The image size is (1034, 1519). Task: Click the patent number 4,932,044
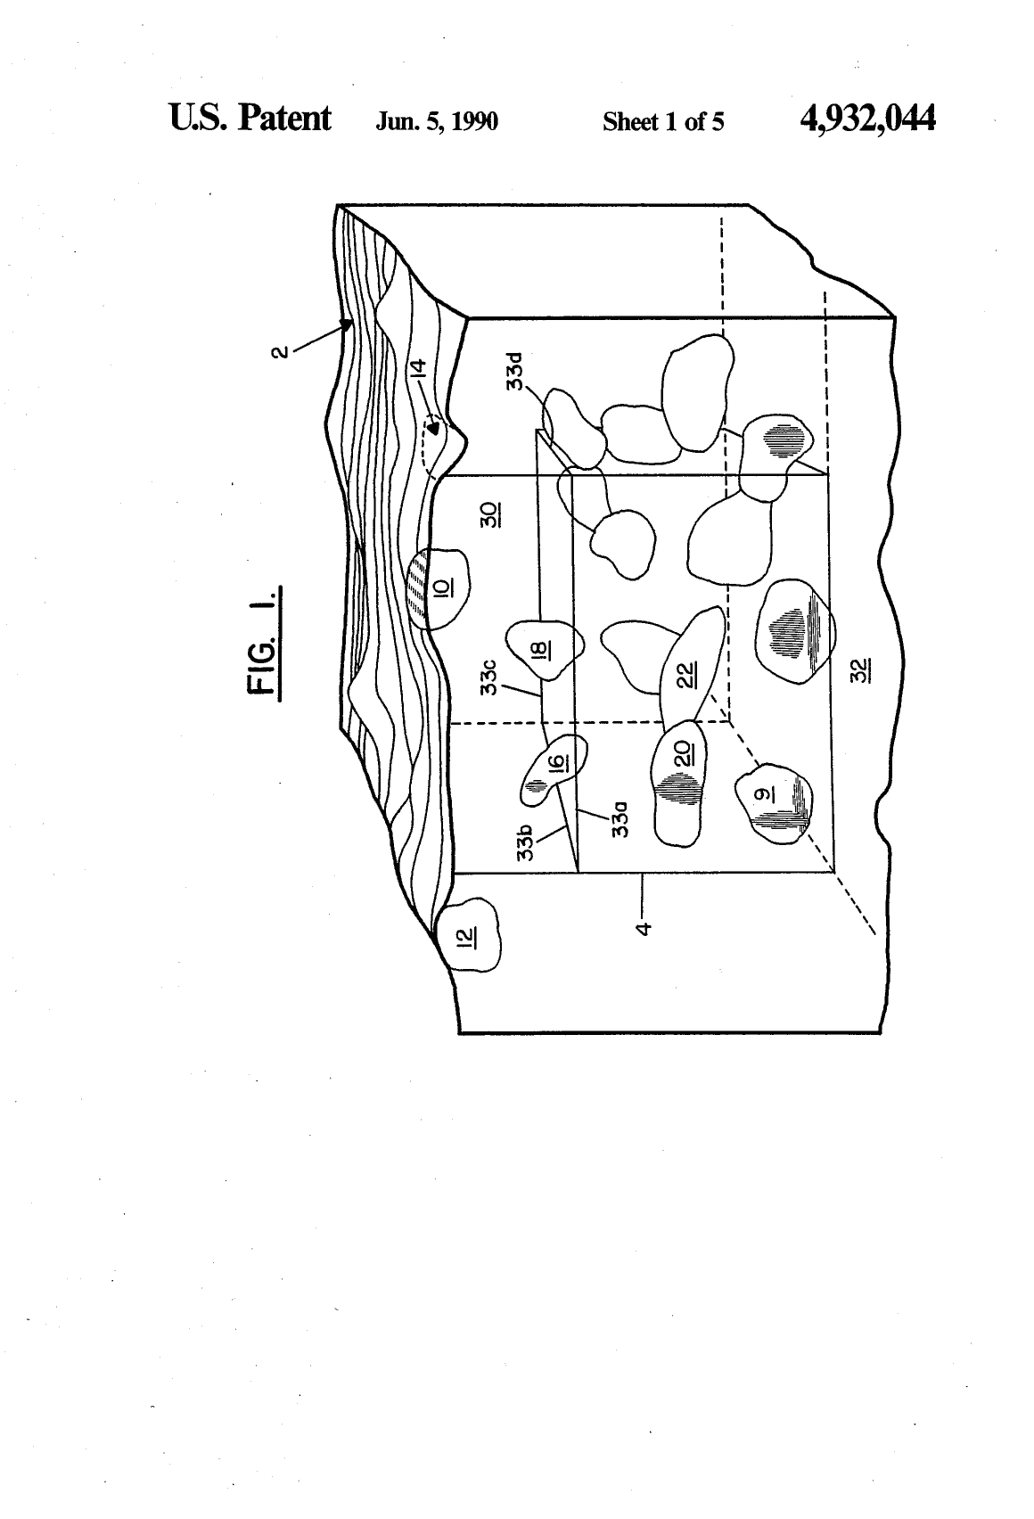[867, 119]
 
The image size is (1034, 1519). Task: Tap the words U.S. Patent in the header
[250, 118]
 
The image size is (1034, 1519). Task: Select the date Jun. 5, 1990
[437, 121]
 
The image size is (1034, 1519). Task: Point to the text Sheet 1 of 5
[663, 121]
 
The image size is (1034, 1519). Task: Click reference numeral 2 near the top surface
[279, 353]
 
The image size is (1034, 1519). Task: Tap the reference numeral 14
[418, 368]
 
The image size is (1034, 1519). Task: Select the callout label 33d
[514, 371]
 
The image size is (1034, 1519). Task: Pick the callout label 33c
[488, 677]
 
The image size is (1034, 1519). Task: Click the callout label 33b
[525, 843]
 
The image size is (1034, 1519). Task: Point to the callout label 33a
[620, 819]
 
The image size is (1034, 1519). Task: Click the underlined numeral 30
[490, 515]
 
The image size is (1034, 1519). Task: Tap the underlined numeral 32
[860, 670]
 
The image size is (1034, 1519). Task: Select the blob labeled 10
[438, 588]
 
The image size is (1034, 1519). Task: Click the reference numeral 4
[643, 928]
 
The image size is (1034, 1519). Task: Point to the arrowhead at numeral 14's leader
[433, 428]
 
